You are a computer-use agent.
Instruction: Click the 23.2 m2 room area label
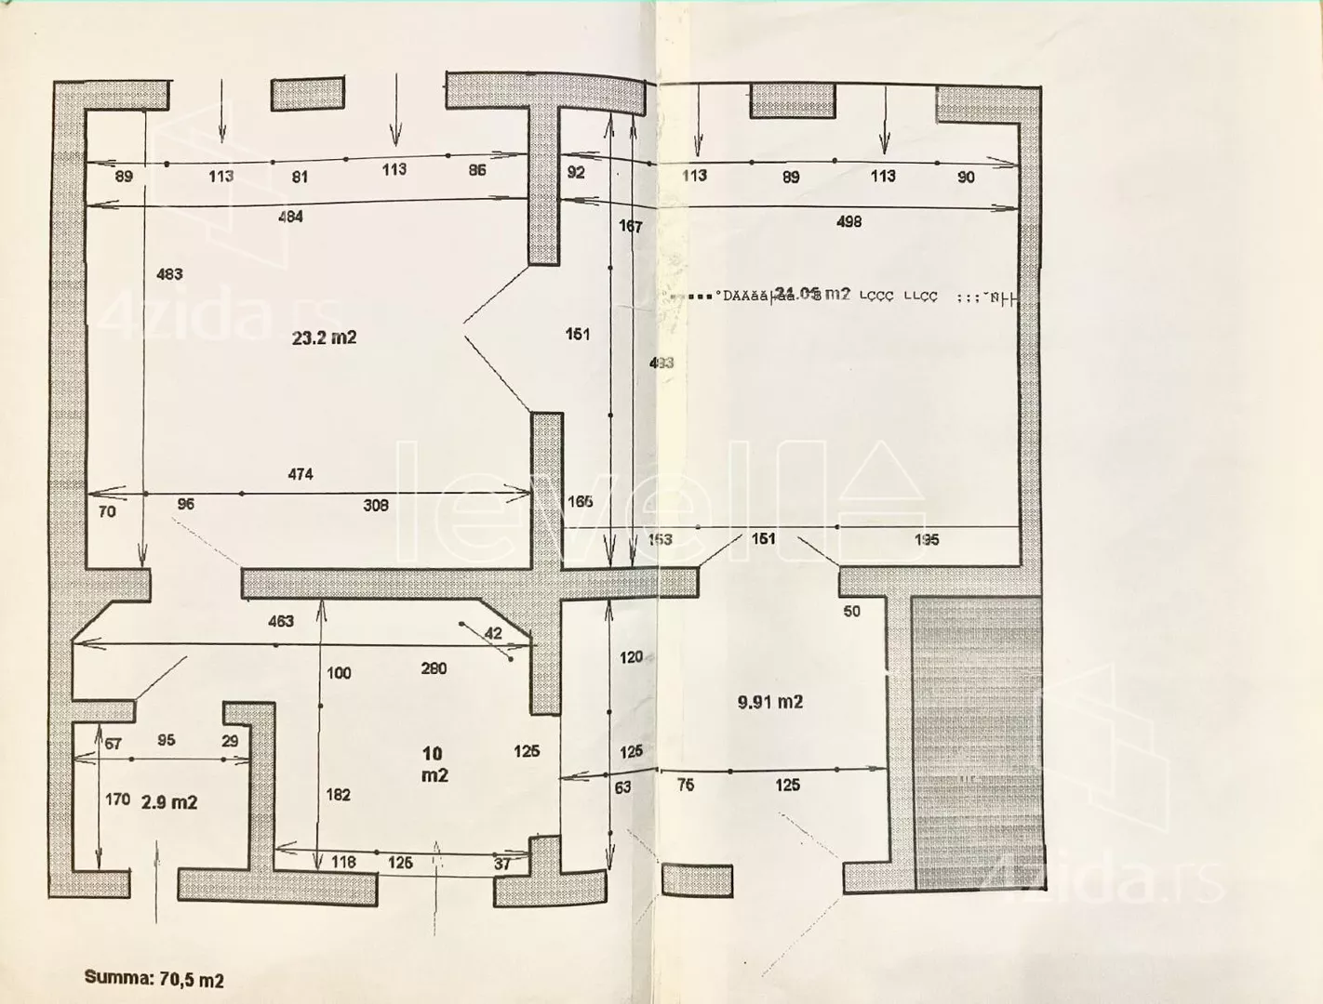[x=324, y=338]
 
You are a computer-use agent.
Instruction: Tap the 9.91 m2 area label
[x=769, y=703]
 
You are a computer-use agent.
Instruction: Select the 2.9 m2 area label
[x=168, y=802]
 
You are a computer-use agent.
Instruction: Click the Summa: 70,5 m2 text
[x=154, y=979]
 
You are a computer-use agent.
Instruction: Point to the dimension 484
[x=290, y=217]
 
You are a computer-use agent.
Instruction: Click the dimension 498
[x=849, y=221]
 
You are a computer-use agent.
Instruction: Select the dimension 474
[x=300, y=474]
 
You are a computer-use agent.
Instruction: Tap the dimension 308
[x=375, y=506]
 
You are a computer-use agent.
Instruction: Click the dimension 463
[x=280, y=621]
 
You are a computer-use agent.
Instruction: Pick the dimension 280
[x=434, y=668]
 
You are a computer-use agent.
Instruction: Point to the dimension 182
[x=339, y=795]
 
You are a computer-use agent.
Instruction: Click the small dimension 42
[x=493, y=633]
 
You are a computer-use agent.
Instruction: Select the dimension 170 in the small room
[x=117, y=799]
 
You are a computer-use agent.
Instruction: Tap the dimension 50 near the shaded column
[x=851, y=611]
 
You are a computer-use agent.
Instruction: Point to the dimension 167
[x=630, y=226]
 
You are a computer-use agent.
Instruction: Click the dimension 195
[x=927, y=540]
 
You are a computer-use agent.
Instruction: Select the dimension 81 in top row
[x=299, y=177]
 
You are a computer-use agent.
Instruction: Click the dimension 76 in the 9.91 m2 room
[x=685, y=786]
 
